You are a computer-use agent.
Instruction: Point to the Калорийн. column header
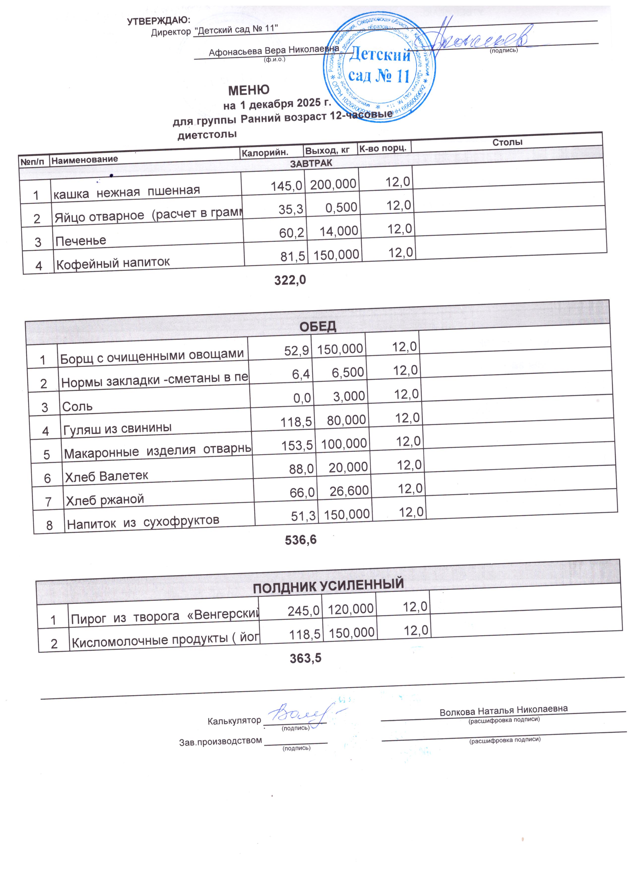click(264, 152)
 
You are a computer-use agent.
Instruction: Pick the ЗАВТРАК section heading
click(311, 163)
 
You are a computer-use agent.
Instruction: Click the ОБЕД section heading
click(317, 326)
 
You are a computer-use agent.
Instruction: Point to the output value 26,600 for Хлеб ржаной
click(349, 491)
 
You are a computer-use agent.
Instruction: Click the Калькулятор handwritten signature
click(303, 715)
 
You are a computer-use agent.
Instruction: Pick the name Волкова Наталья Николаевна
click(503, 710)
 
